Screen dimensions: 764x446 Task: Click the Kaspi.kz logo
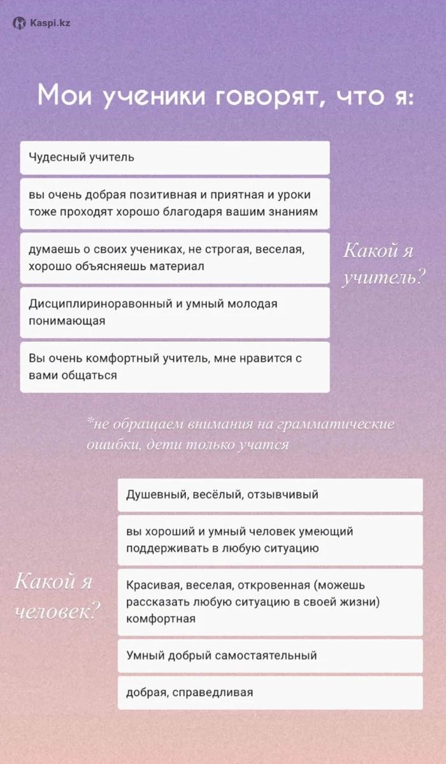click(41, 23)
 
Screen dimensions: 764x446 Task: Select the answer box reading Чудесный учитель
click(175, 157)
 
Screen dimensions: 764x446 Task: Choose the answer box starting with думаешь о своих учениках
click(175, 257)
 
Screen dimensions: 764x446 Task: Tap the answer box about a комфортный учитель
click(175, 367)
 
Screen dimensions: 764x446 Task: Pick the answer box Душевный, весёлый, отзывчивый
click(270, 495)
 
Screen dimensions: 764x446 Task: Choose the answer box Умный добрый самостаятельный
click(270, 656)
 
